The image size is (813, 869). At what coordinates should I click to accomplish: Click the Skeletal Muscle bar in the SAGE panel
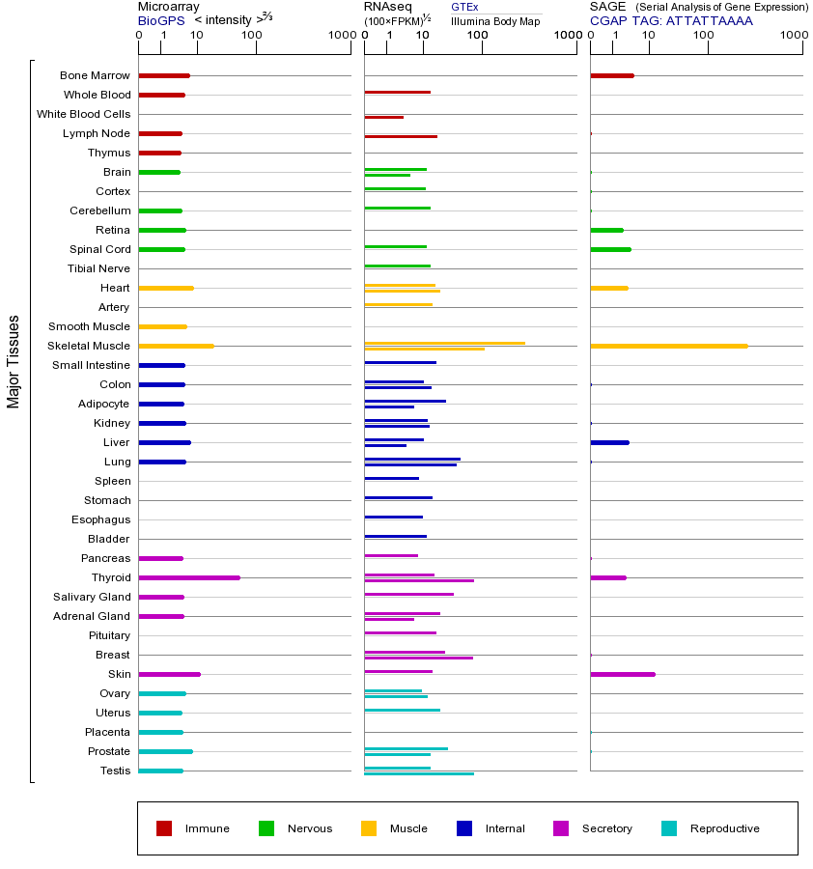668,346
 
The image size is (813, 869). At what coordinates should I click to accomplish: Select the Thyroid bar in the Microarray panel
189,577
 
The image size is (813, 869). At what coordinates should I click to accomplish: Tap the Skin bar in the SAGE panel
623,674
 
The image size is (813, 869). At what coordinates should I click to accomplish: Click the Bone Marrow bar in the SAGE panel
612,75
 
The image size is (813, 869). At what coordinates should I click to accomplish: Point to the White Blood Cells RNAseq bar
384,117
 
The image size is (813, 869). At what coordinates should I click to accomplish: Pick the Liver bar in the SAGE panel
609,442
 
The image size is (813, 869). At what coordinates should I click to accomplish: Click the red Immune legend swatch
164,828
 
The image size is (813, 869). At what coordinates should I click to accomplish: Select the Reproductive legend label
725,828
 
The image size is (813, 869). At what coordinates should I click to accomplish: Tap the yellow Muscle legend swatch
369,828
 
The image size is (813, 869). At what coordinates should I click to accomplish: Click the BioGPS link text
160,20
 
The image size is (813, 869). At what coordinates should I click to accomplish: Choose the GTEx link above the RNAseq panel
464,7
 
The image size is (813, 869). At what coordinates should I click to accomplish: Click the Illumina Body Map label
495,21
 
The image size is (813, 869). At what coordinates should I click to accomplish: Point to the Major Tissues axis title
14,361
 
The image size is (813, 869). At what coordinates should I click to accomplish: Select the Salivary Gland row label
92,597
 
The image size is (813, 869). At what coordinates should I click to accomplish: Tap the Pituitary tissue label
109,635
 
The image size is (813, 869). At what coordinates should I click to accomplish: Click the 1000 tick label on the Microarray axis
340,36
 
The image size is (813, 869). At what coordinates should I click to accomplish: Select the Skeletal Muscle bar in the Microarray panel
176,346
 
